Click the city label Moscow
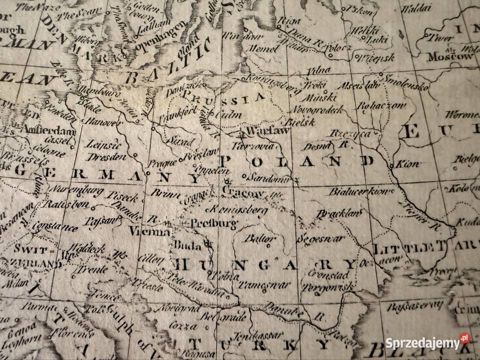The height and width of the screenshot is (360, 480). pos(449,56)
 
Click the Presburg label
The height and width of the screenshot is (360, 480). pos(206,223)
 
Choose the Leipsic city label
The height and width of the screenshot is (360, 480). pos(103,145)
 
